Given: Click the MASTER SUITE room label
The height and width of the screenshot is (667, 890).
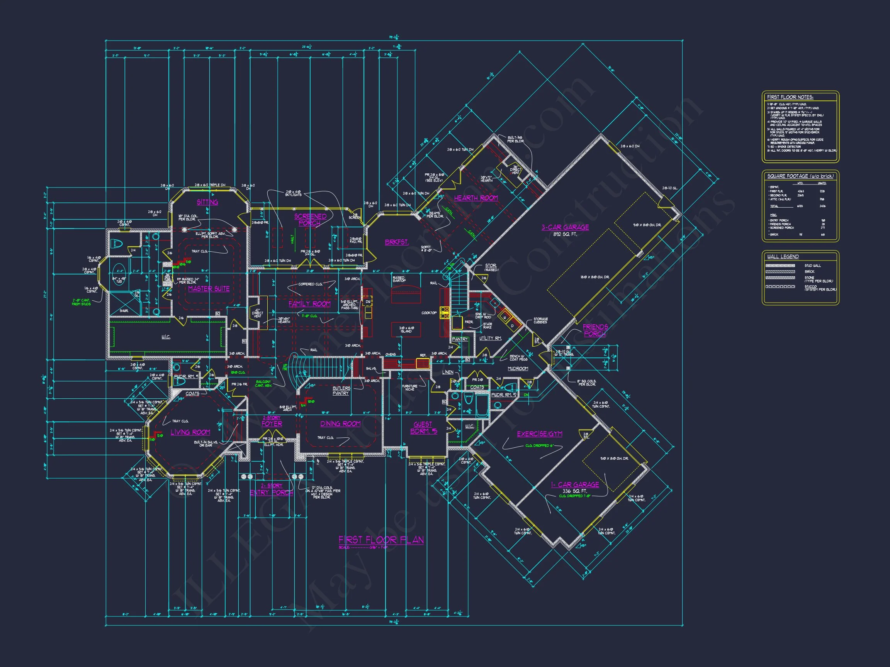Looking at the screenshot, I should pyautogui.click(x=209, y=289).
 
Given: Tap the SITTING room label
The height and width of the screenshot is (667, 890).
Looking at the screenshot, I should pyautogui.click(x=207, y=202).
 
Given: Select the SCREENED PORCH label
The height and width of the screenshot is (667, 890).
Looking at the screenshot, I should pyautogui.click(x=310, y=220).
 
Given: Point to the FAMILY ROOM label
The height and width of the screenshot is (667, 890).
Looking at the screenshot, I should pyautogui.click(x=309, y=303).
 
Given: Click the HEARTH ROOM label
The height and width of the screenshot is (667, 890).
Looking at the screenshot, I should pyautogui.click(x=476, y=198).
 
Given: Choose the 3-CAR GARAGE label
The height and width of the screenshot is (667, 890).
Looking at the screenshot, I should pyautogui.click(x=565, y=227).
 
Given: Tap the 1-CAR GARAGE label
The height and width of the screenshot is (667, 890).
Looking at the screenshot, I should pyautogui.click(x=575, y=484).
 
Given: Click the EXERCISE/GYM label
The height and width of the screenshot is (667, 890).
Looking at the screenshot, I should pyautogui.click(x=540, y=434).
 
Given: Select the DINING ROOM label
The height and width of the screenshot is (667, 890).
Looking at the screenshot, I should pyautogui.click(x=340, y=423).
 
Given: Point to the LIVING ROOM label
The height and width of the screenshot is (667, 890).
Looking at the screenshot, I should pyautogui.click(x=190, y=432).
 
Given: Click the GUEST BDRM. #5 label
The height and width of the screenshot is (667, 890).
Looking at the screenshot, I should pyautogui.click(x=423, y=428).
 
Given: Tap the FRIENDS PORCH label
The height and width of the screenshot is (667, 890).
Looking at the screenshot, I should pyautogui.click(x=595, y=330).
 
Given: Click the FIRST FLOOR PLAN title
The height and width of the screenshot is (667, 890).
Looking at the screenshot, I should pyautogui.click(x=381, y=540).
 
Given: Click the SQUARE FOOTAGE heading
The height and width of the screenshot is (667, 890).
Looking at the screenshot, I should pyautogui.click(x=800, y=176).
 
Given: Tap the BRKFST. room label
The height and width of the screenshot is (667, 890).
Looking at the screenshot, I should pyautogui.click(x=396, y=242).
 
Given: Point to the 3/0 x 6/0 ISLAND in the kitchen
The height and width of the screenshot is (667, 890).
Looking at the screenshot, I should pyautogui.click(x=406, y=329).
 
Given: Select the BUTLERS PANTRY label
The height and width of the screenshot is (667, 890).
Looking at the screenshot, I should pyautogui.click(x=341, y=390).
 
